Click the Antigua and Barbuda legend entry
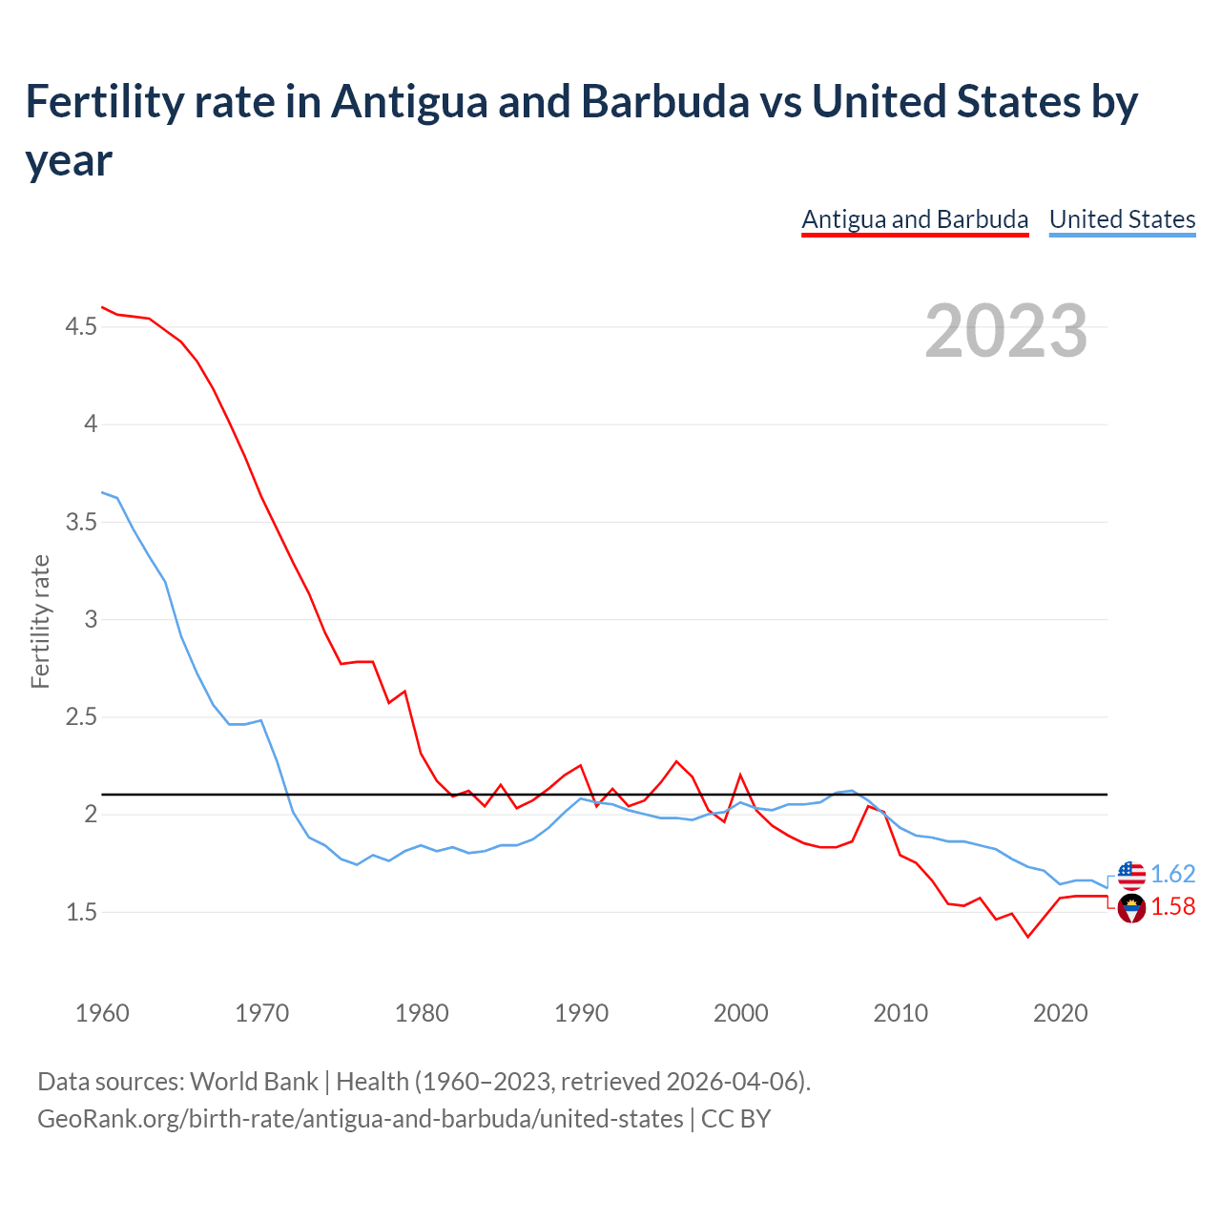coord(915,219)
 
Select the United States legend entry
coord(1122,219)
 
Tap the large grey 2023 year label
coord(1006,330)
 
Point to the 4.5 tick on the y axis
coord(81,327)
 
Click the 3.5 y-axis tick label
coord(81,522)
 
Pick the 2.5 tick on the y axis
coord(81,716)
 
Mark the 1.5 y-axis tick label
coord(81,912)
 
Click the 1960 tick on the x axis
coord(102,1013)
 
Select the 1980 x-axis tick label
coord(422,1013)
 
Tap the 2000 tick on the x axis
coord(741,1013)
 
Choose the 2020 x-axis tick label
coord(1060,1013)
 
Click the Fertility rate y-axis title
coord(40,621)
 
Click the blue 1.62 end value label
coord(1172,874)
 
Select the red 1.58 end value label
coord(1172,906)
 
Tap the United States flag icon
coord(1131,874)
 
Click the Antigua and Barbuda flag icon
coord(1131,909)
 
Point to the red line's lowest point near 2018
coord(1027,937)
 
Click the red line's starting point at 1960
coord(102,307)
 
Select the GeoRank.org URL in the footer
coord(360,1118)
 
